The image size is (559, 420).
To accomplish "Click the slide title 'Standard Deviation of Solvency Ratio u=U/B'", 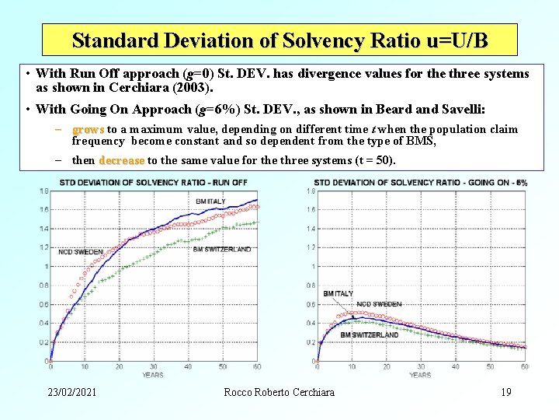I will [279, 40].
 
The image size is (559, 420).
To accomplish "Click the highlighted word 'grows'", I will [88, 129].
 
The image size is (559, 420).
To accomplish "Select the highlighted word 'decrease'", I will [121, 160].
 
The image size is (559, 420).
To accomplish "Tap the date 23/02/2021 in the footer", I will [71, 392].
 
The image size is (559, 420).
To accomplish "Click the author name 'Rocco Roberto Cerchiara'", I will [279, 392].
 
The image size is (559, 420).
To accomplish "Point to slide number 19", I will [505, 392].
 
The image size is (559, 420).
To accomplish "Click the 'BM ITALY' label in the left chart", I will [210, 201].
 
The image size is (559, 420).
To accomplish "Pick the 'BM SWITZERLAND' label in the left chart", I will [222, 249].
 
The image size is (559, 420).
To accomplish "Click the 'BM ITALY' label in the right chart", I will [339, 293].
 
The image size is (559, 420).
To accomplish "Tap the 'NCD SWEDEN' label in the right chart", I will [379, 303].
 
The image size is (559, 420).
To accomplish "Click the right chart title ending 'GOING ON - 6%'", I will [420, 182].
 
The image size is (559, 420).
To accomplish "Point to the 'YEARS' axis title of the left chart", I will [153, 375].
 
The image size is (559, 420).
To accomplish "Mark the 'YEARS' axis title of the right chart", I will [420, 375].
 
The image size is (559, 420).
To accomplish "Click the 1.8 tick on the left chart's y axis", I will [43, 191].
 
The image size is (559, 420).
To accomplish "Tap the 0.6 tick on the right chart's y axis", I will [311, 304].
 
